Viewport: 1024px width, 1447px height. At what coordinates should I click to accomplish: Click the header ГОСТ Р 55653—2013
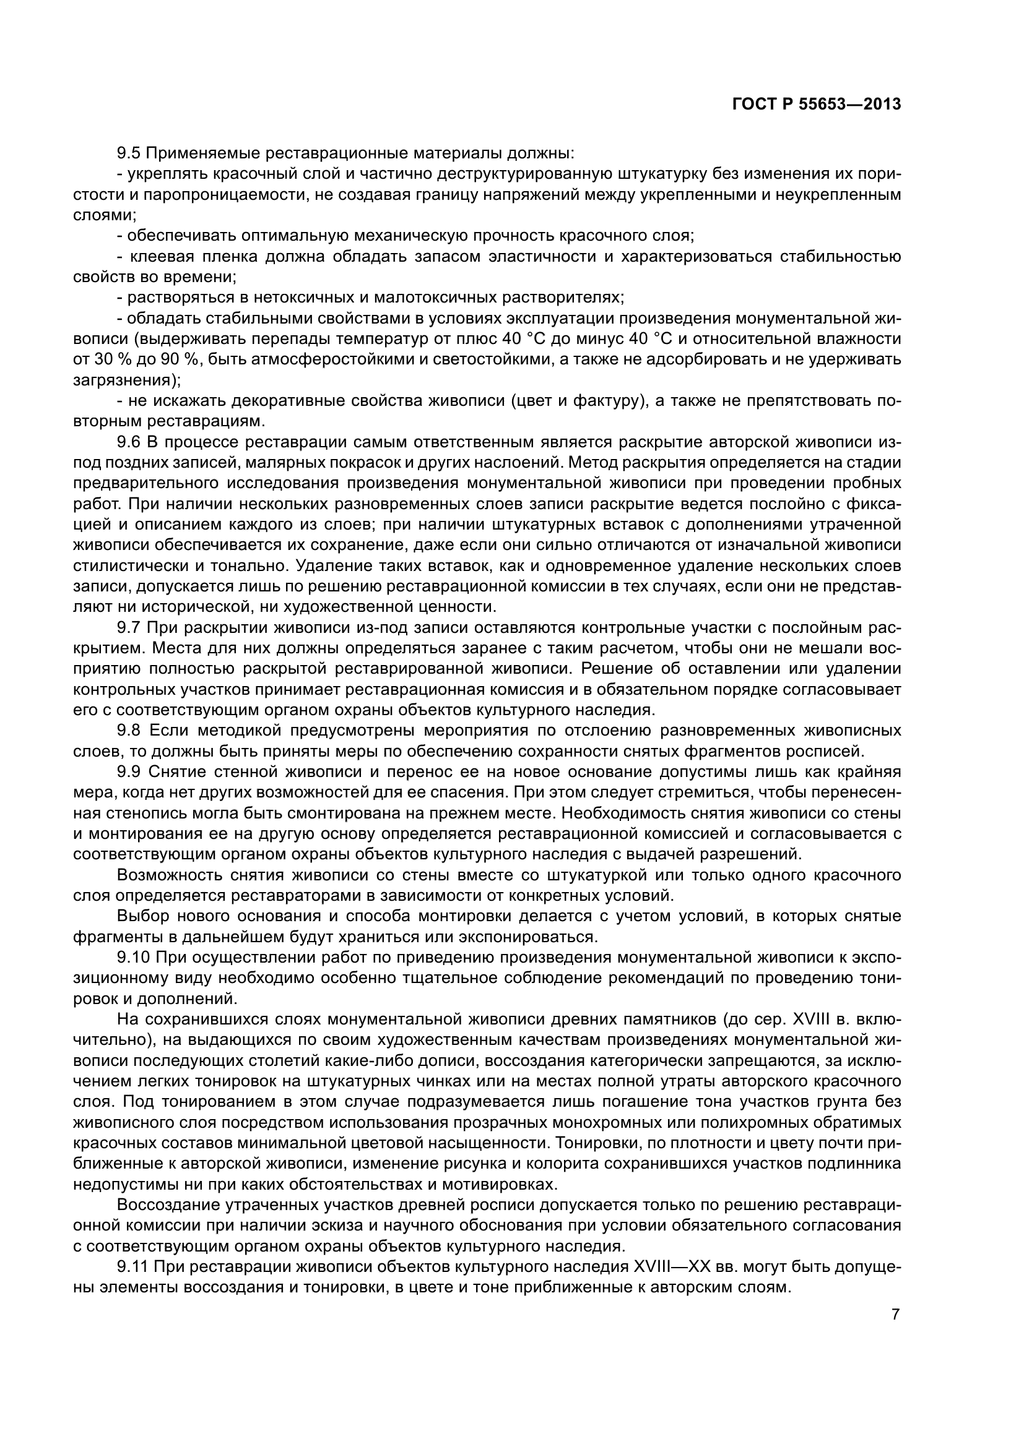tap(817, 105)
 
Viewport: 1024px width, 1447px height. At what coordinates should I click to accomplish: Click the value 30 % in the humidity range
tap(106, 360)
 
